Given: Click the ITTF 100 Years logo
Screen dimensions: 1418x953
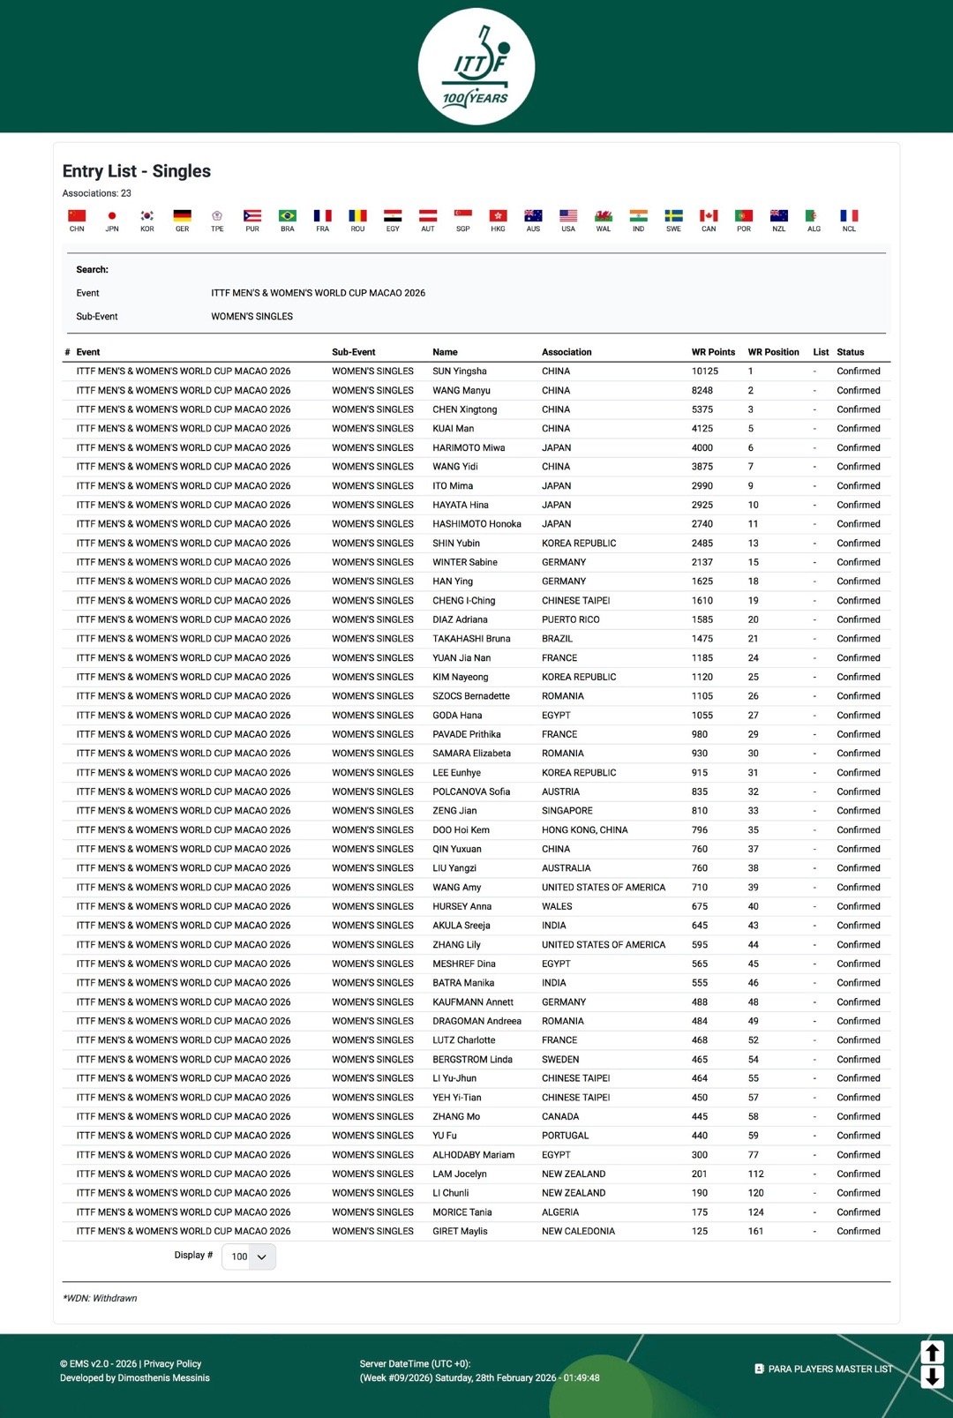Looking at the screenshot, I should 476,66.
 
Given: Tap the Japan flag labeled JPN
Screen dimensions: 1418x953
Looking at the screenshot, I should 112,216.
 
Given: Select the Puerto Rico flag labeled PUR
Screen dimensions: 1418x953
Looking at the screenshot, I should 252,216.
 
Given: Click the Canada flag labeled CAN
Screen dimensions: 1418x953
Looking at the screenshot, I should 709,216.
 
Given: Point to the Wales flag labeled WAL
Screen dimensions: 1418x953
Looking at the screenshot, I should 604,216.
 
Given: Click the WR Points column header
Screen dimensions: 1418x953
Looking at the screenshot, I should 713,352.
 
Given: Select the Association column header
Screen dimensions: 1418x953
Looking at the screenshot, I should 567,352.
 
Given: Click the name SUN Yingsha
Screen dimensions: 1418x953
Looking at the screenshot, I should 460,371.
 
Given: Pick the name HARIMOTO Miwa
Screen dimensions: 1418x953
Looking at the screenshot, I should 469,447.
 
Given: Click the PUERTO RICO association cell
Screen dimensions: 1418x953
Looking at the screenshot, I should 570,619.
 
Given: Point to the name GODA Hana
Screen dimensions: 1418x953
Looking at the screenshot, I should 457,716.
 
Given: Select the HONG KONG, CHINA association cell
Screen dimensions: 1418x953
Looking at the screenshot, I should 585,830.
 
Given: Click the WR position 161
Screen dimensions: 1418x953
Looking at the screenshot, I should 756,1231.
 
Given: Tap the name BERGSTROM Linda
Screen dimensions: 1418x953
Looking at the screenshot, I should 472,1059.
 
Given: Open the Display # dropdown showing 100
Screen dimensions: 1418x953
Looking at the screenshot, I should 249,1257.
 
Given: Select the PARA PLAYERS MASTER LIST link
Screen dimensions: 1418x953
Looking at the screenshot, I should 829,1369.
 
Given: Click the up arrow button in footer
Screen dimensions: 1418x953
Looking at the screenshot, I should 933,1352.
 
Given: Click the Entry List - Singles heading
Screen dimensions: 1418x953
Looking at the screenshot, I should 137,171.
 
